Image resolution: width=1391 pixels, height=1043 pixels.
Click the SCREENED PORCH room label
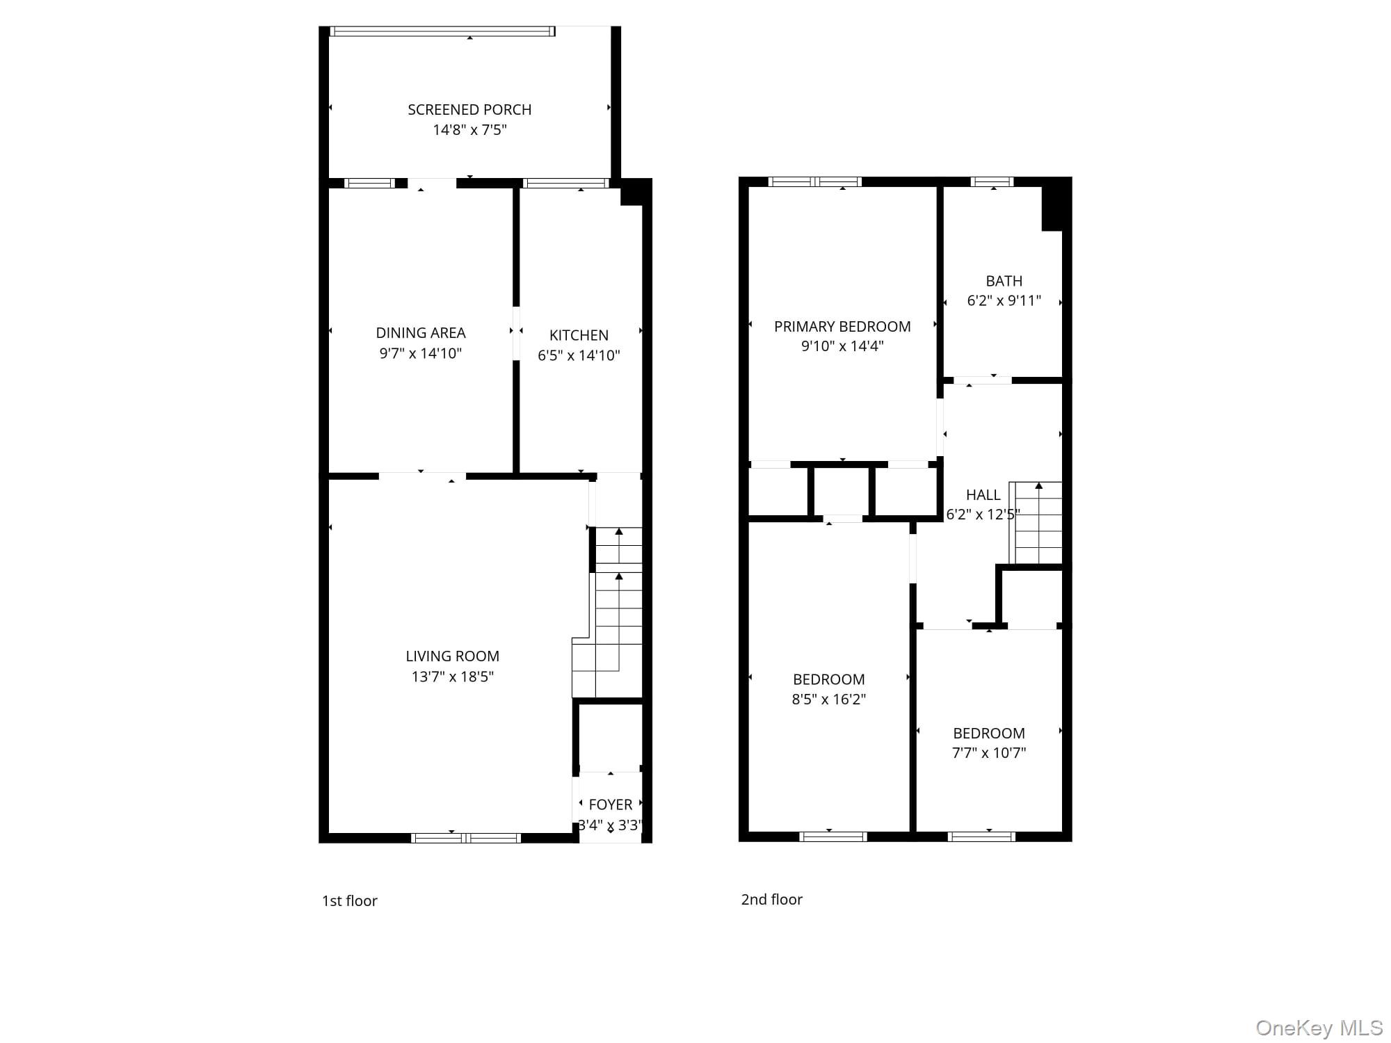[x=469, y=110]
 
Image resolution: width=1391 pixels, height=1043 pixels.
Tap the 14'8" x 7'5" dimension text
[x=469, y=130]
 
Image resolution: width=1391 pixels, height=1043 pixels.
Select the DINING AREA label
[x=421, y=333]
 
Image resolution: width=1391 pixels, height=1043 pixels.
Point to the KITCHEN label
[x=579, y=335]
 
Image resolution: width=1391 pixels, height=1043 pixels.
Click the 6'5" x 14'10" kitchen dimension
[x=579, y=355]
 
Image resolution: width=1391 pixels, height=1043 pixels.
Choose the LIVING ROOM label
[x=452, y=656]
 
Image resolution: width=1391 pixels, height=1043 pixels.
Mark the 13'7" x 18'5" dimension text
[x=452, y=677]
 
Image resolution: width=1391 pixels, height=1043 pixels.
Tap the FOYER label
[x=611, y=805]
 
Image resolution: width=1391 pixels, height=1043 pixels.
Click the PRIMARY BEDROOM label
[x=842, y=327]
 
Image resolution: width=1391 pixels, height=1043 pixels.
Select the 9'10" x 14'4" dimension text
[x=842, y=346]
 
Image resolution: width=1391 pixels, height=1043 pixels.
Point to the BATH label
[x=1004, y=281]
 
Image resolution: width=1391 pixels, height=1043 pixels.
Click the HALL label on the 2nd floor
[x=983, y=495]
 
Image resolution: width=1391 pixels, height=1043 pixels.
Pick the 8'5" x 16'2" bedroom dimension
[x=828, y=700]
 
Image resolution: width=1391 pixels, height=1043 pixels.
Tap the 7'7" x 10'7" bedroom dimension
[x=988, y=753]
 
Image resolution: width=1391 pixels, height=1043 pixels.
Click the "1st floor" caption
[x=349, y=901]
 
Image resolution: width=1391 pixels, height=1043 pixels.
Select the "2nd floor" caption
[x=771, y=900]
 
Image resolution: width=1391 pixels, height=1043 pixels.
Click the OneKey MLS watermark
[x=1319, y=1028]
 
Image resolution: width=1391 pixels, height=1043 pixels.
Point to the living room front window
[x=466, y=838]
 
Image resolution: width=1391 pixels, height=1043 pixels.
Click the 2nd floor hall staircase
[x=1036, y=523]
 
